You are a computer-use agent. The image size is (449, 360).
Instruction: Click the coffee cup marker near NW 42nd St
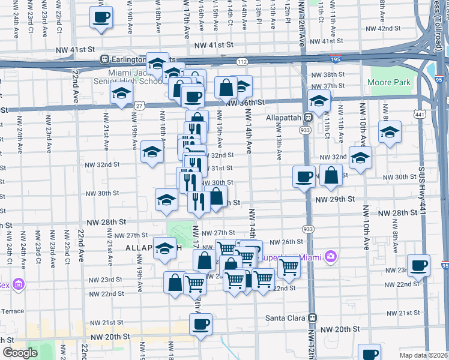[101, 17]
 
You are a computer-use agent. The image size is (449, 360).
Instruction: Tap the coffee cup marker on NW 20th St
[200, 325]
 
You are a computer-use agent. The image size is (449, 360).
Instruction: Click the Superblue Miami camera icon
[330, 257]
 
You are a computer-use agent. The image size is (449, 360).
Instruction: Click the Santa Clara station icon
[312, 317]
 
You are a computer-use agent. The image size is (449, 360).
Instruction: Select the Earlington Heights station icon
[104, 60]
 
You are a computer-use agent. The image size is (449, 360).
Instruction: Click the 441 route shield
[418, 113]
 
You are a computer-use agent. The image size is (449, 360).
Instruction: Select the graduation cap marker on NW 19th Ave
[121, 94]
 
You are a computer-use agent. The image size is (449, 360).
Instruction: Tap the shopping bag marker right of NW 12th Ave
[331, 175]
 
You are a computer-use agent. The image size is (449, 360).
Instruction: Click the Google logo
[19, 353]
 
